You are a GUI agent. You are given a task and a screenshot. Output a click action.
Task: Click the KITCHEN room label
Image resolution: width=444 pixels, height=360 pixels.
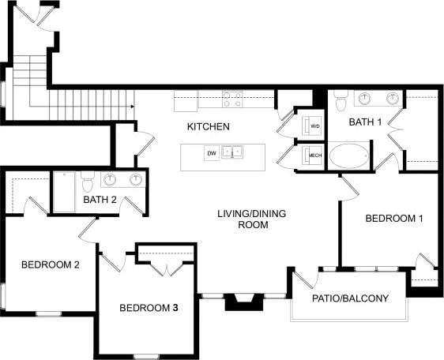209,126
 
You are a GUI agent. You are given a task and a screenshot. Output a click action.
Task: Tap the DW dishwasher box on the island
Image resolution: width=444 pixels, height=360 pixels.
211,152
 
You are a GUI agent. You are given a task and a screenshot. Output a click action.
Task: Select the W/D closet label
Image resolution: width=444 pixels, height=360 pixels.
314,126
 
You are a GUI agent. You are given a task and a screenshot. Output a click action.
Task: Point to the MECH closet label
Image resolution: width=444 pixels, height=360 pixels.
314,156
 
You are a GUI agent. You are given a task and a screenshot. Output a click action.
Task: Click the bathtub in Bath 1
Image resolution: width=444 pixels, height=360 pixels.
348,155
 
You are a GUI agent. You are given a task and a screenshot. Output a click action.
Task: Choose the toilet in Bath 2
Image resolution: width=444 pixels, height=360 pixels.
88,182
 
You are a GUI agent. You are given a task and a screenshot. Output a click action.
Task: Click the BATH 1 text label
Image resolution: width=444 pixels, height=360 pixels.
366,122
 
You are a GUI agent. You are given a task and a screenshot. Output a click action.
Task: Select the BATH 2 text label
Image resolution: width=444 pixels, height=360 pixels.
100,200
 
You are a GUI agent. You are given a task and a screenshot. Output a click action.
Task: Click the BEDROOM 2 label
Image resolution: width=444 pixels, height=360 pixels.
50,264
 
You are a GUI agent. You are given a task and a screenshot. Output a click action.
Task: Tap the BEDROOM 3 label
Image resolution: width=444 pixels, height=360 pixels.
149,307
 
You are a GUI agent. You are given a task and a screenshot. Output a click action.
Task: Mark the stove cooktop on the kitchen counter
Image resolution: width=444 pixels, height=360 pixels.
232,99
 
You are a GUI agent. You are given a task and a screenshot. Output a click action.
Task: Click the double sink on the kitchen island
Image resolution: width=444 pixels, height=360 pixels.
232,152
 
